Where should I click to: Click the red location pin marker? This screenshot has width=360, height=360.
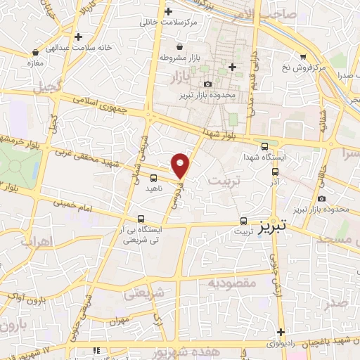pos(181,165)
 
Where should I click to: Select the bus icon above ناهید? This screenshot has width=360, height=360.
pos(154,178)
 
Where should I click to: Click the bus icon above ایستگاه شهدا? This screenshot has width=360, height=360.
pos(264,146)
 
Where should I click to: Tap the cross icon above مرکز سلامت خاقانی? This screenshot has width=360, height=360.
pos(167,12)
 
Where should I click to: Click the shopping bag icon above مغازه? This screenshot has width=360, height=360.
pos(35,51)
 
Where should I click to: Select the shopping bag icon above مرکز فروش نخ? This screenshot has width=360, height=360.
pos(303,56)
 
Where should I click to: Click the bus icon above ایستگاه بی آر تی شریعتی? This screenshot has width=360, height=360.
pos(141,219)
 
